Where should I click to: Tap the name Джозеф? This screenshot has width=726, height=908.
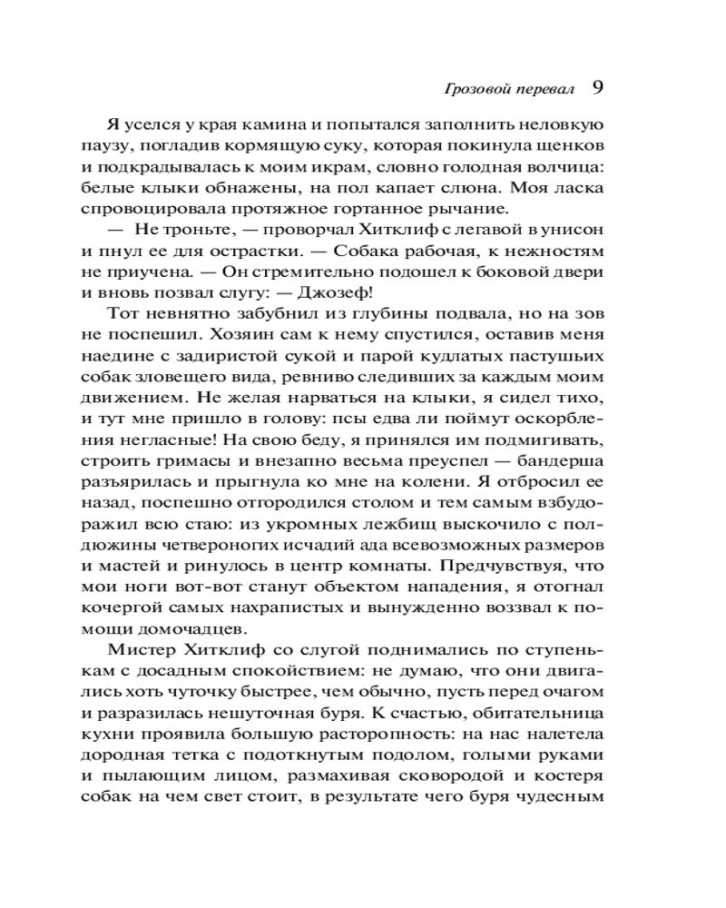click(x=335, y=292)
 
